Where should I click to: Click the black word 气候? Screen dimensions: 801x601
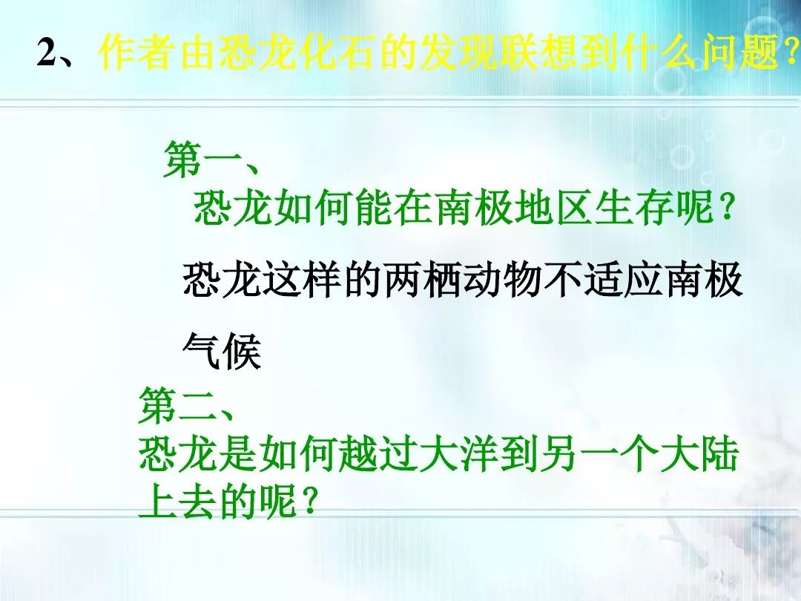[x=222, y=351]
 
